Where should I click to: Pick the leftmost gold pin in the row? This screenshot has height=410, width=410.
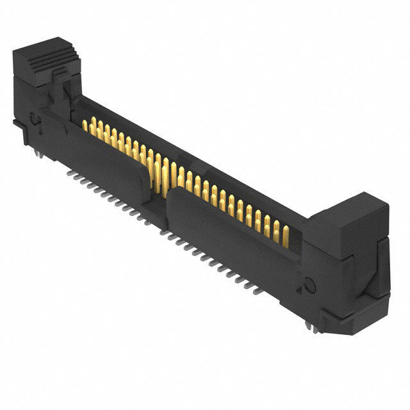(85, 124)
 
